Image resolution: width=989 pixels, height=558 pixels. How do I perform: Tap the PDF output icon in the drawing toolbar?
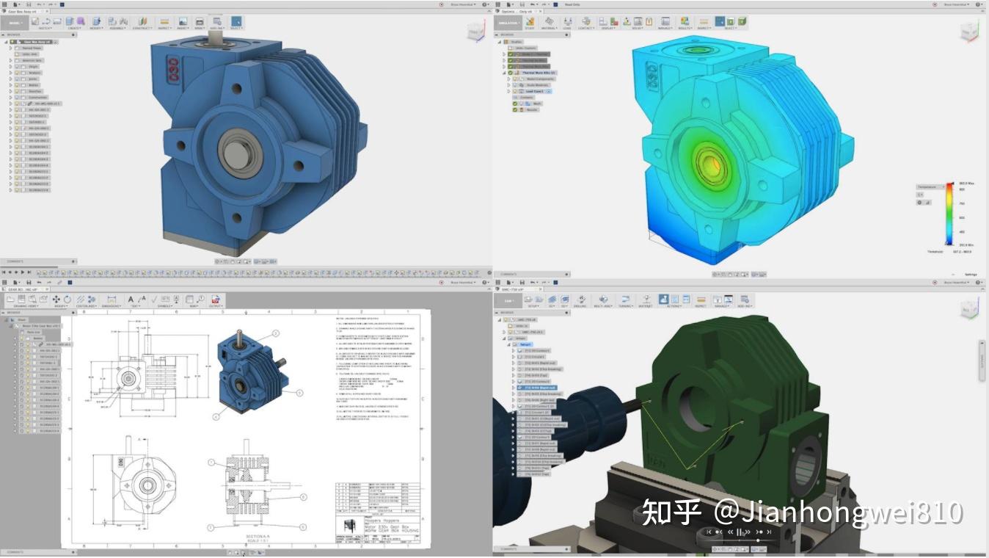(x=216, y=300)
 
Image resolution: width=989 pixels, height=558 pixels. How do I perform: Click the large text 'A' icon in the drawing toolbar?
(x=131, y=300)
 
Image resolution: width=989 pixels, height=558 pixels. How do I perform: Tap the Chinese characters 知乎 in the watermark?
(x=671, y=512)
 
